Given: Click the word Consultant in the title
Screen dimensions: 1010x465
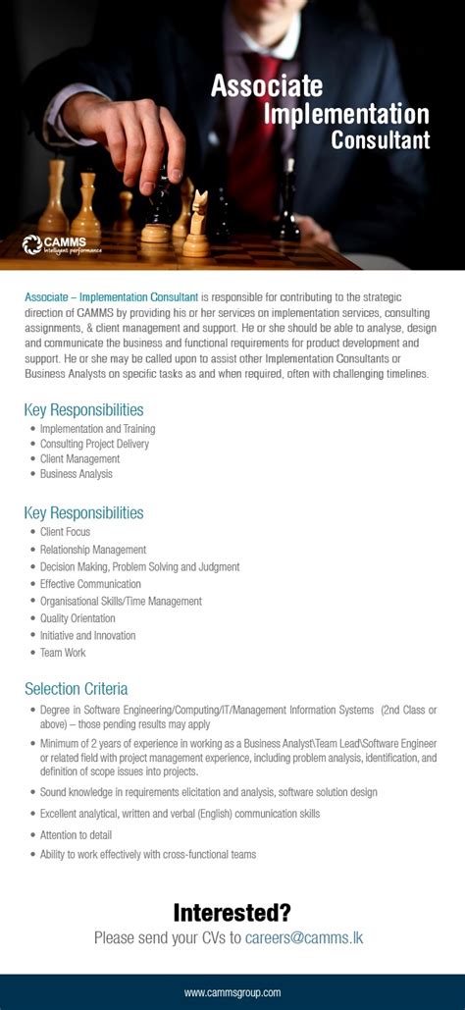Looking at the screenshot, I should click(380, 140).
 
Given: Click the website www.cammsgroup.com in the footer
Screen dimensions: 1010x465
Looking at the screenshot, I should click(232, 992).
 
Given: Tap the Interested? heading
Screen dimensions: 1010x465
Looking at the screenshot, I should click(232, 912).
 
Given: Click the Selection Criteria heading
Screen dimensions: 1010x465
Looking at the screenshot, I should click(76, 688).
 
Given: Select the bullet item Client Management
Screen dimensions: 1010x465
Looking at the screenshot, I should click(79, 458).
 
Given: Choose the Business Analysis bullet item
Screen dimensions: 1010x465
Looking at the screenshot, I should click(76, 474).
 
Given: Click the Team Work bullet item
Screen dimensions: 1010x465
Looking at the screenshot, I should click(63, 652).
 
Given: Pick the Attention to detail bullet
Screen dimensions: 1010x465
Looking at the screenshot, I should click(76, 834).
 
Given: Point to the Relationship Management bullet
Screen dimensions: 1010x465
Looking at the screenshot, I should click(93, 550).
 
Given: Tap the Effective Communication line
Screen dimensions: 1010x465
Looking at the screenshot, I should click(90, 584).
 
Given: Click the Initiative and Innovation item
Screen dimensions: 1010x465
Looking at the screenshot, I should click(87, 635).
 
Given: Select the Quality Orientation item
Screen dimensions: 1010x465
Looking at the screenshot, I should click(77, 618).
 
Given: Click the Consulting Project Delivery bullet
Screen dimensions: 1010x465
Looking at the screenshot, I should click(94, 444).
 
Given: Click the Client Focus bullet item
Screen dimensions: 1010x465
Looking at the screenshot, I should click(66, 532).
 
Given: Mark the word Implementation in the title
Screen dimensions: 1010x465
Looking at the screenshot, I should click(346, 114).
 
